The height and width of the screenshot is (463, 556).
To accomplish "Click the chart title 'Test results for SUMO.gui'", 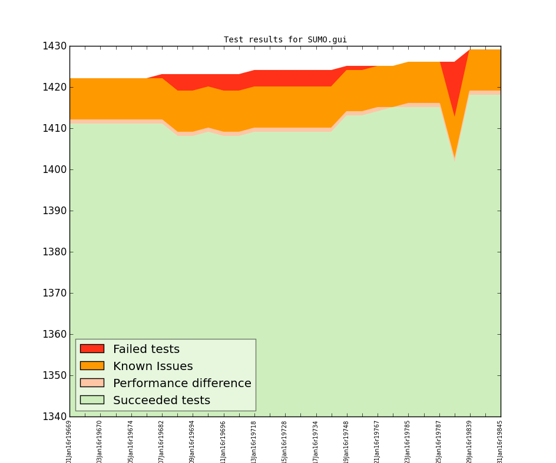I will (285, 40).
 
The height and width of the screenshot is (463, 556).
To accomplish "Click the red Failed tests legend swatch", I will (92, 349).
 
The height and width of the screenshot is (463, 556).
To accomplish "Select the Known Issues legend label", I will (153, 367).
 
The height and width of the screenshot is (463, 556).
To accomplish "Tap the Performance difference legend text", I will (182, 384).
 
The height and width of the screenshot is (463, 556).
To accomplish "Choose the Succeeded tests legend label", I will (161, 401).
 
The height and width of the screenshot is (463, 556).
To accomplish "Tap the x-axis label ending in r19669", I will (69, 441).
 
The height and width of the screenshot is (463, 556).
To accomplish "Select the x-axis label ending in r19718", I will (254, 441).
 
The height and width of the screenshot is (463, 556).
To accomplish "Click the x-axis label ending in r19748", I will (347, 441).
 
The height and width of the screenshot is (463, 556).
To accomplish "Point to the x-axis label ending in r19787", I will (439, 441).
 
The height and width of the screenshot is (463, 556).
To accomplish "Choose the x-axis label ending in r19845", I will (501, 441).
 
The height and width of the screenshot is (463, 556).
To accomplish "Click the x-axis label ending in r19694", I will (193, 441).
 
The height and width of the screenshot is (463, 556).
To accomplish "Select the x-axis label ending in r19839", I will (470, 441).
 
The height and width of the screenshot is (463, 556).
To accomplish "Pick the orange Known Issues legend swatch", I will (92, 366).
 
